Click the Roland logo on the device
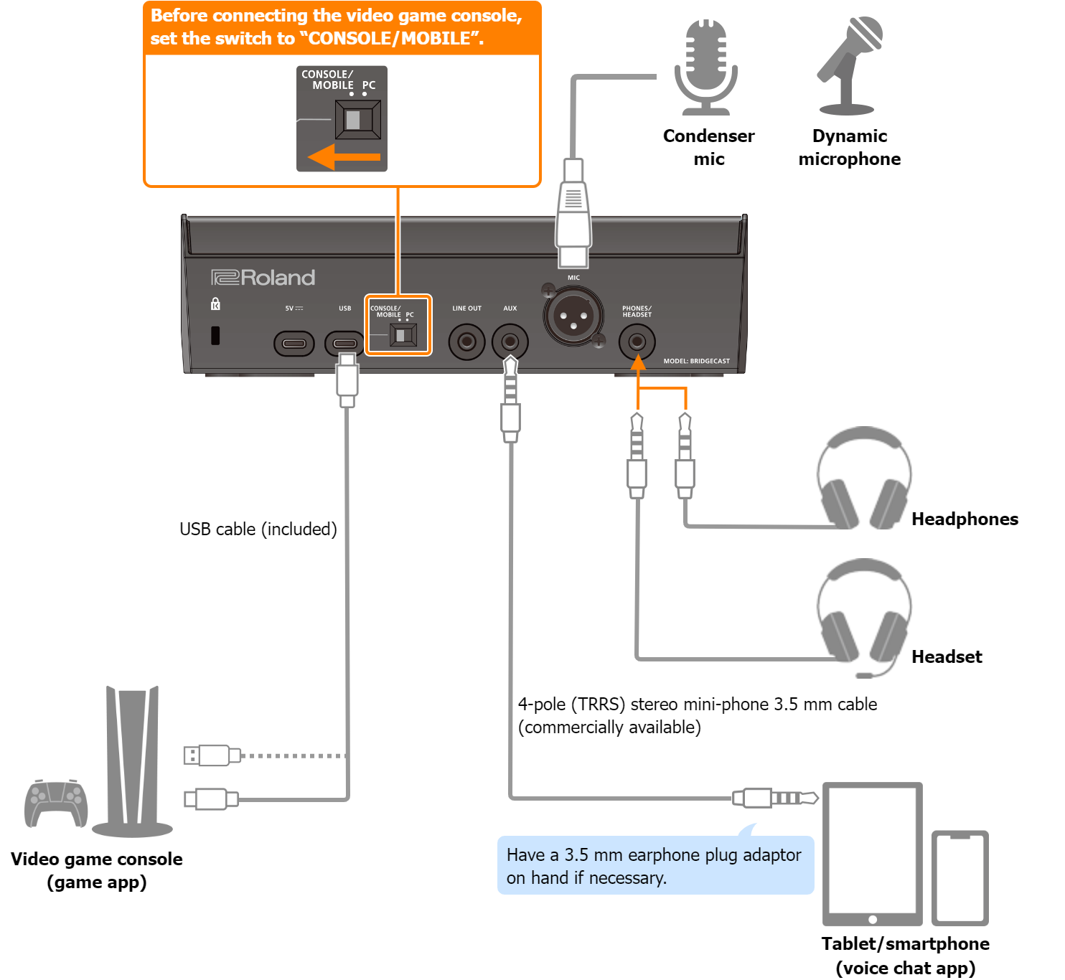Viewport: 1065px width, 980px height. click(263, 278)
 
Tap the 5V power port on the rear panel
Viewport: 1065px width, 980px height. click(294, 344)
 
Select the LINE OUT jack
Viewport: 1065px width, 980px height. click(466, 342)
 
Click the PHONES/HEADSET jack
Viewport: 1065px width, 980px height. click(637, 341)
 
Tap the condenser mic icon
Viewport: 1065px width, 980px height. click(705, 67)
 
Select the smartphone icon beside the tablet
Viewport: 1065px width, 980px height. click(960, 878)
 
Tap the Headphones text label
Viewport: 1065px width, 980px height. click(965, 519)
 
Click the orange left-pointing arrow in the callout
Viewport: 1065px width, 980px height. click(344, 156)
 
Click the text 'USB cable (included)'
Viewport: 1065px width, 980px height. click(258, 529)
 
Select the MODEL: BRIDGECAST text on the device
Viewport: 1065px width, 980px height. click(697, 361)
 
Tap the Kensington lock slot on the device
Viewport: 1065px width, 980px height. click(215, 336)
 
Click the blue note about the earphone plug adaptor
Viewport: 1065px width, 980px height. click(656, 864)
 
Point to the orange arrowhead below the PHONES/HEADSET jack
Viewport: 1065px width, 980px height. click(638, 362)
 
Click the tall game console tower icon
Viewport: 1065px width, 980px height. click(132, 762)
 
